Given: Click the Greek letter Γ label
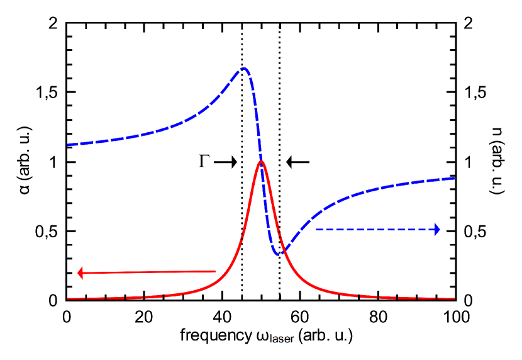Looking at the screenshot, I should coord(203,162).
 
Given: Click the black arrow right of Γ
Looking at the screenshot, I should coord(225,162).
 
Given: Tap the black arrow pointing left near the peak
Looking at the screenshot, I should coord(298,162).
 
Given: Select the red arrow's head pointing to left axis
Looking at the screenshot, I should coord(81,273).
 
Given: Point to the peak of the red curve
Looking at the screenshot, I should coord(261,162).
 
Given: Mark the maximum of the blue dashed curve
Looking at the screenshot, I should coord(244,69).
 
